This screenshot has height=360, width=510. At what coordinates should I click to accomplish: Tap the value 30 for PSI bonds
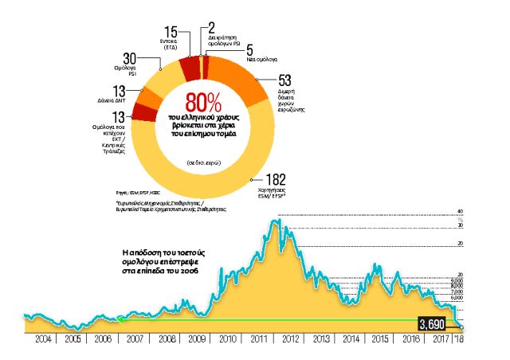tap(131, 59)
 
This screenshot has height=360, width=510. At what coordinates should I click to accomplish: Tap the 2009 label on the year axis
tap(197, 338)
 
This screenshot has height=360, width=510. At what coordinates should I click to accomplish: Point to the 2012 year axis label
tap(289, 338)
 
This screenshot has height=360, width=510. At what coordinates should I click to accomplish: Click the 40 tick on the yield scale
tap(459, 211)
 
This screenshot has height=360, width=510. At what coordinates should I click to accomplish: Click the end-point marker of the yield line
tap(461, 325)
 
